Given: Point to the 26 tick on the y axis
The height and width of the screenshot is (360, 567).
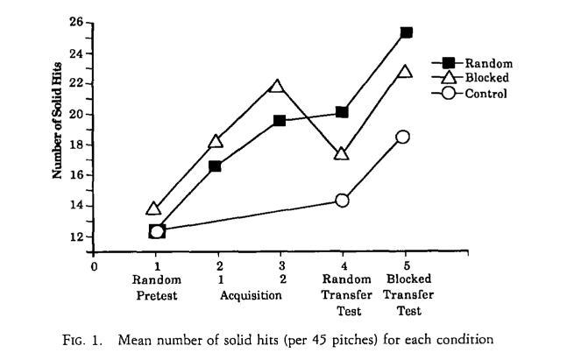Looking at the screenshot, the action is coord(75,22).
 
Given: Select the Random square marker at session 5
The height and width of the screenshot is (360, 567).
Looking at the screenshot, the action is coord(406,32).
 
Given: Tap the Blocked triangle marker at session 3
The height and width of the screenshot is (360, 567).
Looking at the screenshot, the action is coord(279,86).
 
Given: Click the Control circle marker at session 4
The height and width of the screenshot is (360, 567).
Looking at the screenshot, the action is coord(342,200).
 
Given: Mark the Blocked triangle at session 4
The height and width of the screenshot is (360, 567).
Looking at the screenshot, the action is coord(342,153).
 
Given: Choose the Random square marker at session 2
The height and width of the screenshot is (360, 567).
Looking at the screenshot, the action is coord(215,166).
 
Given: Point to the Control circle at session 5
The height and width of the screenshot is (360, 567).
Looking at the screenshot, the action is coord(403,137).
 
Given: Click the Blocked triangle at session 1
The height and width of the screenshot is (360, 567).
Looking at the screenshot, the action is coord(154,208).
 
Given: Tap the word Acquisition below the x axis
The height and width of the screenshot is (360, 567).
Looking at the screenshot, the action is coord(250,295).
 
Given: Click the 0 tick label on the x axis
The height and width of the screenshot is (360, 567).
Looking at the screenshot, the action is coord(93,265).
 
